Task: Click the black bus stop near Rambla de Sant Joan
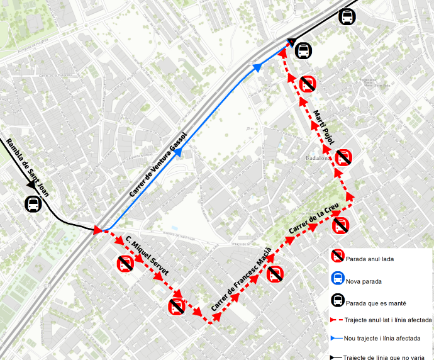tap(33, 204)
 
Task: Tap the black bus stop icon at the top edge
tap(346, 17)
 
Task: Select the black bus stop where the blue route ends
tap(303, 50)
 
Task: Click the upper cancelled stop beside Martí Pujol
tap(308, 84)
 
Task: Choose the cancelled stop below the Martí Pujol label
tap(343, 157)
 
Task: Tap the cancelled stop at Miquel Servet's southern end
tap(177, 307)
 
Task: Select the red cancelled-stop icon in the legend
tap(338, 256)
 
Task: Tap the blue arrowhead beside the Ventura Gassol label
tap(178, 152)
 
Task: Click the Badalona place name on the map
tap(318, 158)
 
